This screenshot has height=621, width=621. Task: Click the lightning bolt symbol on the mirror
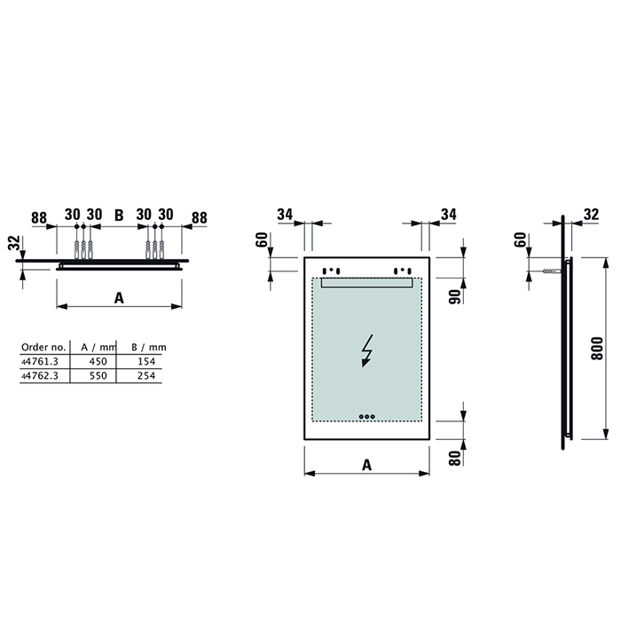coord(366,351)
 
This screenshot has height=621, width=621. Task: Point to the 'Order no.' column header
coord(42,347)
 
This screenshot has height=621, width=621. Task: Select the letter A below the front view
coord(366,463)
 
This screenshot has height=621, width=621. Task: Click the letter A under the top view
coord(119,298)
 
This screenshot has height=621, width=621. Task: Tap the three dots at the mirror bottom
coord(366,414)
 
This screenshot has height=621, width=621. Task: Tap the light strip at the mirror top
coord(366,282)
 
